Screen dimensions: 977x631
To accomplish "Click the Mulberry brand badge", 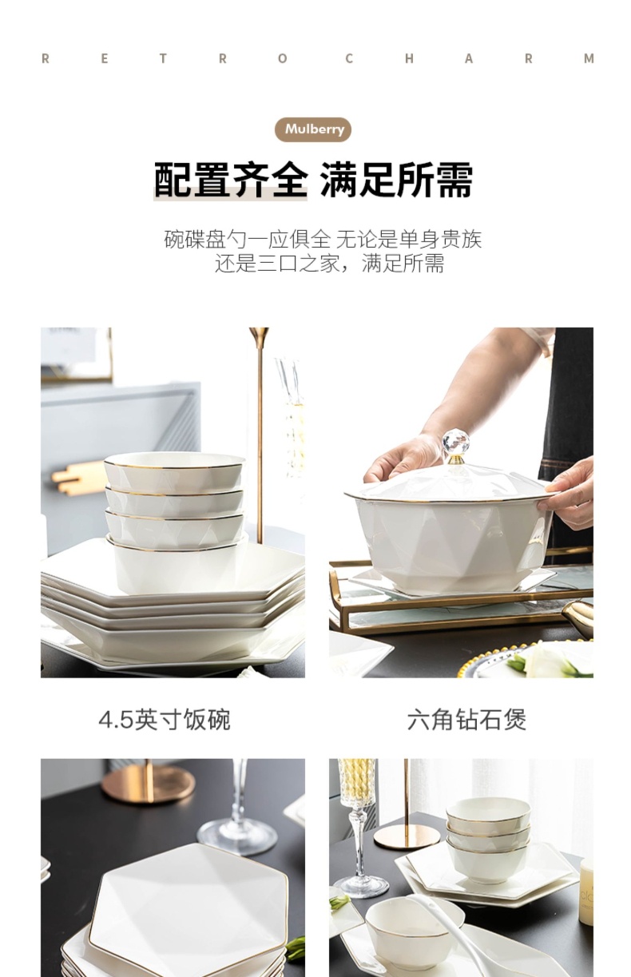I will pos(313,129).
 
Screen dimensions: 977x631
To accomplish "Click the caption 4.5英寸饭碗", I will pos(165,720).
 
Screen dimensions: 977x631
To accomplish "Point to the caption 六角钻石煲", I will pos(466,720).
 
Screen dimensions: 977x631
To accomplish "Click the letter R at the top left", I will pos(45,59).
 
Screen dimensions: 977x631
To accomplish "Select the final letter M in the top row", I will pos(589,59).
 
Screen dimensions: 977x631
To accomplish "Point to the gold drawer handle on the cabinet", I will pos(77,479).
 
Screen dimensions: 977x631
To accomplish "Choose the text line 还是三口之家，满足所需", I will pos(329,264).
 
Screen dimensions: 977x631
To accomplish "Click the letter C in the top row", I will pos(348,59).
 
